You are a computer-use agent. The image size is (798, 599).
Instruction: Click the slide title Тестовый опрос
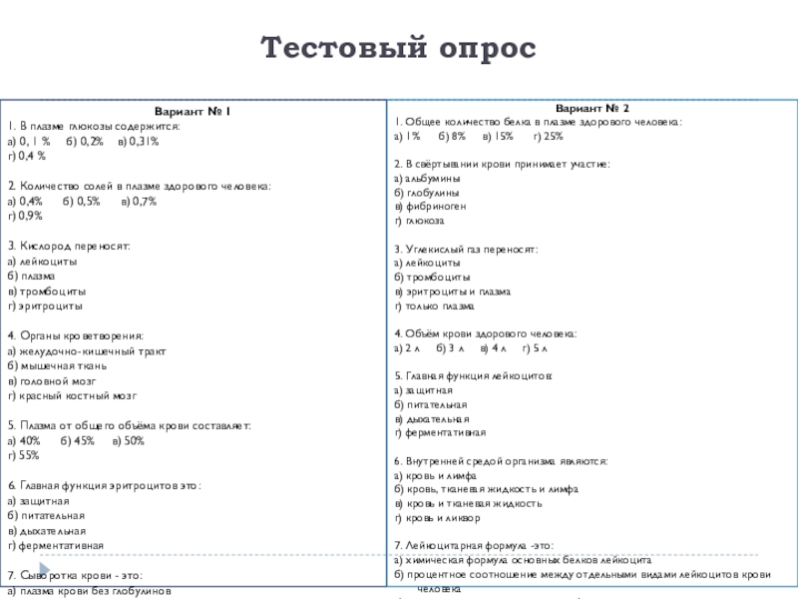tap(398, 47)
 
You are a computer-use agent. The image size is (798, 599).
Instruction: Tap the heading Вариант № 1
tap(193, 112)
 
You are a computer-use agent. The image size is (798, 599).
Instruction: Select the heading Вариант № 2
tap(592, 106)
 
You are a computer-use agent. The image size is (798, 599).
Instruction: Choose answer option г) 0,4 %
tap(27, 157)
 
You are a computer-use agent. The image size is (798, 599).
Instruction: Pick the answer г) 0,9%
tap(25, 216)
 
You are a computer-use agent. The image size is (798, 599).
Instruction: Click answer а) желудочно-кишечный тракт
tap(86, 350)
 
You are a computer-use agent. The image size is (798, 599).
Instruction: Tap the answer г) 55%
tap(23, 454)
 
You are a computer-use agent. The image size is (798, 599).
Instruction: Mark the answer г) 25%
tap(548, 134)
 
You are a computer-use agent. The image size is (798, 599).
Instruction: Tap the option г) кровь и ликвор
tap(437, 519)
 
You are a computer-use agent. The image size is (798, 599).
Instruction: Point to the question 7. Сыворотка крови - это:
tap(75, 575)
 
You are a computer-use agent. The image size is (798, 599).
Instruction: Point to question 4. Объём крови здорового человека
tap(485, 333)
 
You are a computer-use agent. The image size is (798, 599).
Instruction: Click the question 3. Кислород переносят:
tap(69, 245)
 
